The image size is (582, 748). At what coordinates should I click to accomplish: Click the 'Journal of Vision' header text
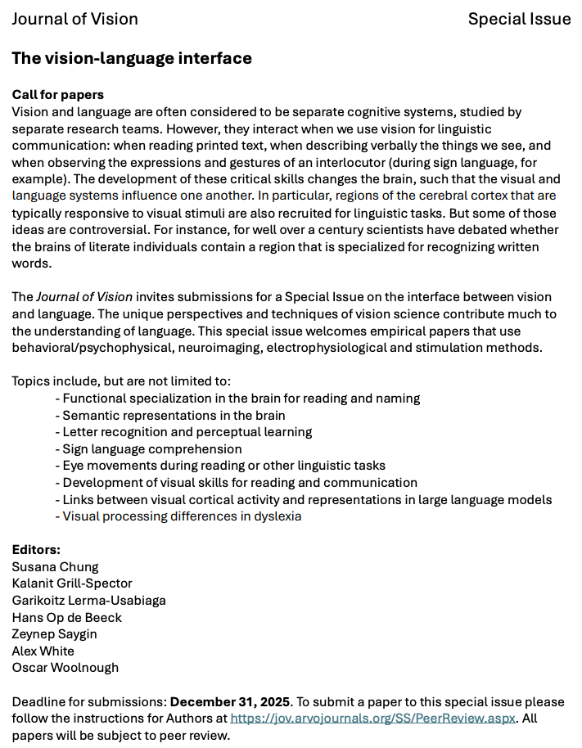[x=74, y=19]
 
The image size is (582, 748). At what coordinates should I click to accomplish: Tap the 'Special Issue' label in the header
[x=519, y=19]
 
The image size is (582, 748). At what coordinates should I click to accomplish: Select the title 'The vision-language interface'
[x=132, y=58]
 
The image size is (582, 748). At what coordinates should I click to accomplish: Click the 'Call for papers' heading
[x=58, y=95]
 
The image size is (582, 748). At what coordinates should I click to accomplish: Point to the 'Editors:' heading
[x=36, y=550]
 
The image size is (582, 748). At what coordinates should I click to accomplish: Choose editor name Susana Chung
[x=55, y=567]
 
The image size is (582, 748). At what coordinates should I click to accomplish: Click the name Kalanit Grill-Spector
[x=72, y=584]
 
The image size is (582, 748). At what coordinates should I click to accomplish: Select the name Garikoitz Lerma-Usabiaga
[x=88, y=601]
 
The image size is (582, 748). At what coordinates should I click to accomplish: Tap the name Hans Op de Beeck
[x=66, y=617]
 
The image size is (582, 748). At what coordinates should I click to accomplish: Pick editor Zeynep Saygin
[x=55, y=634]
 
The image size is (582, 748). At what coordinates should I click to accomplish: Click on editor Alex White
[x=43, y=651]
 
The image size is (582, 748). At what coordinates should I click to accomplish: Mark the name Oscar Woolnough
[x=65, y=668]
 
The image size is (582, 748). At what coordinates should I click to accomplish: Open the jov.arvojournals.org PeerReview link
[x=373, y=719]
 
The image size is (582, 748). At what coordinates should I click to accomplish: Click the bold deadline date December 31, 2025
[x=230, y=702]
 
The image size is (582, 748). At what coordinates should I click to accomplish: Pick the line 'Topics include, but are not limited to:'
[x=122, y=381]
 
